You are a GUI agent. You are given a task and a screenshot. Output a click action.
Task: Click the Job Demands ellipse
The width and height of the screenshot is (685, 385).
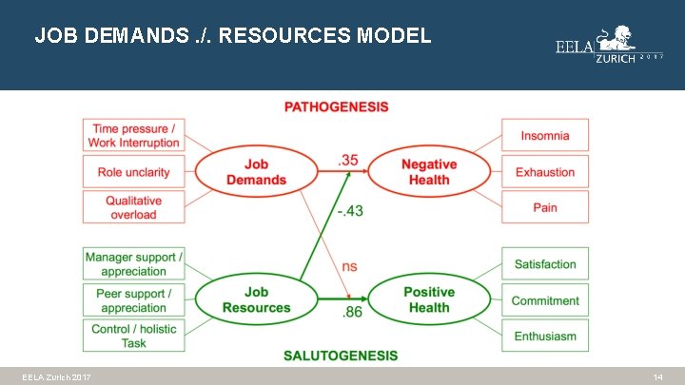pos(256,172)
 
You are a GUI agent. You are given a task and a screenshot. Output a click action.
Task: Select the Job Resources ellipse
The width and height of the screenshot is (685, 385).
pos(256,299)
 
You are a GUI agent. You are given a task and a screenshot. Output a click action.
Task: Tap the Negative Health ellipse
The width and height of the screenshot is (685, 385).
pos(429,172)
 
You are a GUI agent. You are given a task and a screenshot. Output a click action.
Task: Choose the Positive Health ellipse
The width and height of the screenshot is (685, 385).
pos(429,299)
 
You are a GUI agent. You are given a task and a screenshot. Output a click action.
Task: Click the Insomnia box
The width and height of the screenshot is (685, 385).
pos(545,136)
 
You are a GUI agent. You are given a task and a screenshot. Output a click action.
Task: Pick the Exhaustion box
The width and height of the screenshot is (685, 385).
pos(545,172)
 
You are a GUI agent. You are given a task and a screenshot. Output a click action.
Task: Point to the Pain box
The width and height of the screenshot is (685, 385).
pos(545,207)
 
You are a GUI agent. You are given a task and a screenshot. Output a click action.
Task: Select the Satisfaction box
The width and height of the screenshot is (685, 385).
pos(545,264)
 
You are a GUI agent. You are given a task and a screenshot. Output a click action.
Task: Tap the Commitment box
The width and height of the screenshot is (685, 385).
pos(545,300)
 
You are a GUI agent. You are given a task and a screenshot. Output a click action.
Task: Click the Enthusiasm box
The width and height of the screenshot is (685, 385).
pos(545,336)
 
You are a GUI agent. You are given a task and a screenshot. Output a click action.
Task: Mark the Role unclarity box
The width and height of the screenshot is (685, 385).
pos(134,172)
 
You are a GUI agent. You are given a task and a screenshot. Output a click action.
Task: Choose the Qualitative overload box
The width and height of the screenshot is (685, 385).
pos(134,207)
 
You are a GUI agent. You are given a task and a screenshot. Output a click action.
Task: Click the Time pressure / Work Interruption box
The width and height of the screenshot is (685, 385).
pos(134,136)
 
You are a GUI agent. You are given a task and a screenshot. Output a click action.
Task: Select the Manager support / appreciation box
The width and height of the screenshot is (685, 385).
pos(133,264)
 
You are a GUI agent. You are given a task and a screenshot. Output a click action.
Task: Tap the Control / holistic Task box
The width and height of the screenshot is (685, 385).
pos(133,336)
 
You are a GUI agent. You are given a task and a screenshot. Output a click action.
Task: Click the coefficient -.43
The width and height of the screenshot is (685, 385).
pos(349,210)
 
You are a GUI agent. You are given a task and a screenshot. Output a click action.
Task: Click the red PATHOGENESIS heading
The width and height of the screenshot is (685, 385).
pos(336,106)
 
